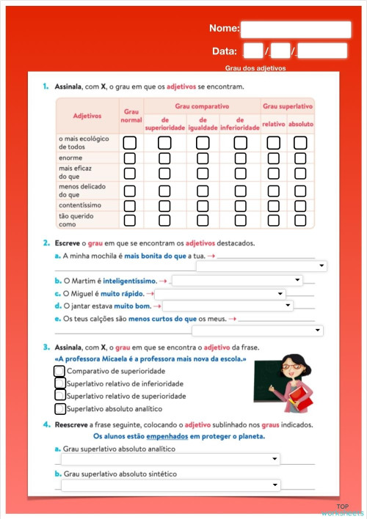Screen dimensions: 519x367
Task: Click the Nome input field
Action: click(x=296, y=29)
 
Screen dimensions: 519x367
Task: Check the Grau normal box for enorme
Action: click(x=130, y=158)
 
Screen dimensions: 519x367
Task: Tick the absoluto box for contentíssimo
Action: click(x=299, y=205)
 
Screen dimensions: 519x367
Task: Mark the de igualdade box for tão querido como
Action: click(x=203, y=220)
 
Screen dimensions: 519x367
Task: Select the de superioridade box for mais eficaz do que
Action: click(x=164, y=174)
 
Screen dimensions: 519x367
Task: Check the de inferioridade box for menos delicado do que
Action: click(x=241, y=190)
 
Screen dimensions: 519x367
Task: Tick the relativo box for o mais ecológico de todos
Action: click(x=273, y=141)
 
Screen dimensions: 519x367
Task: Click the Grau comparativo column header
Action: click(x=202, y=106)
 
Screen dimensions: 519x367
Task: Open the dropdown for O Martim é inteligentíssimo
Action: click(x=237, y=280)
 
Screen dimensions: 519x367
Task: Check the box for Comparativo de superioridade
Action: click(x=59, y=372)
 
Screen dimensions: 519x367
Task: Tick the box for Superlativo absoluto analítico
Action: click(x=60, y=408)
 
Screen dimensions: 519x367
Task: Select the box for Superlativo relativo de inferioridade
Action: click(x=59, y=383)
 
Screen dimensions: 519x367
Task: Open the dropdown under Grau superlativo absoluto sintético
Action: click(x=170, y=485)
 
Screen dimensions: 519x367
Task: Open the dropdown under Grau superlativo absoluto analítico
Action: click(x=170, y=460)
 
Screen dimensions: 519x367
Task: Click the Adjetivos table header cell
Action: click(x=87, y=116)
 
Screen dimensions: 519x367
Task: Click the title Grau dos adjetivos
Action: click(x=255, y=68)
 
